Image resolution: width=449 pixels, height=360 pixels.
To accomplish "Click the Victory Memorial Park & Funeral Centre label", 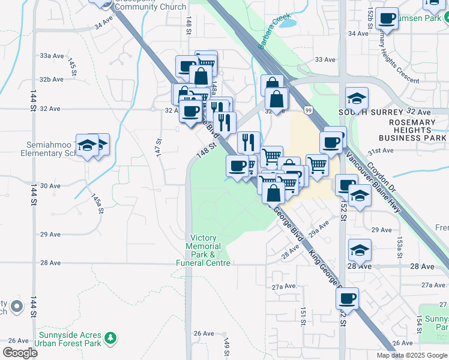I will [x=203, y=250].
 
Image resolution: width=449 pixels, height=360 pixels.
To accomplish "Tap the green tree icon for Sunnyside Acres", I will [x=110, y=338].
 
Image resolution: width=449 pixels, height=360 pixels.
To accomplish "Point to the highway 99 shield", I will [x=308, y=110].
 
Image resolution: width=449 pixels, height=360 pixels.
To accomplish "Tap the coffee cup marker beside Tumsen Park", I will [x=388, y=18].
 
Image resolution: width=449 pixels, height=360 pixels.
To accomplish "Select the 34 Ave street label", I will [x=103, y=26].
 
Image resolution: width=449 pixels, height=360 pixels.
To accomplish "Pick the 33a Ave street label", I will [x=52, y=55].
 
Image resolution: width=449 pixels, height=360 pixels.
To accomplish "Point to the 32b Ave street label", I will [x=52, y=79].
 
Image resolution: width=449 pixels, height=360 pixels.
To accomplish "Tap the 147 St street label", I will [x=159, y=148].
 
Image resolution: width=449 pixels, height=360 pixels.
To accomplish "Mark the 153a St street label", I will [x=399, y=243].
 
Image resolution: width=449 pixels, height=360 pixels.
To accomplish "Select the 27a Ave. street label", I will [x=285, y=287].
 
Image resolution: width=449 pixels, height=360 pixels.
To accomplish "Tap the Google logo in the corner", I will [x=20, y=353].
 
